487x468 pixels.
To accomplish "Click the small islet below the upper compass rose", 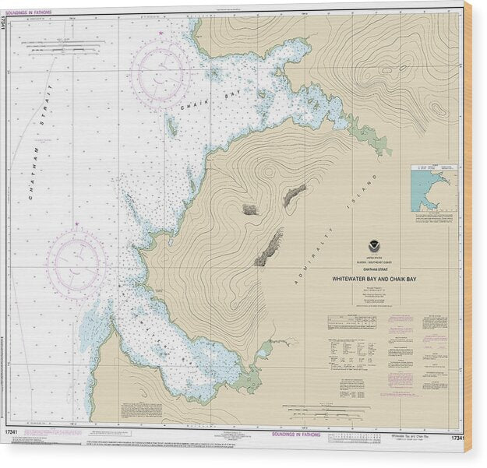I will coord(171,125).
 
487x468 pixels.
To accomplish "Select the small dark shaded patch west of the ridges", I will coord(250,209).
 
